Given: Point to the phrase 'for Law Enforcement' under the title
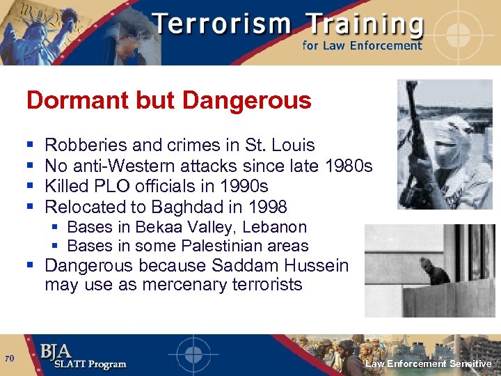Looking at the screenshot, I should [362, 46].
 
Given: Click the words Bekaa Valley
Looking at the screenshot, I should [182, 227].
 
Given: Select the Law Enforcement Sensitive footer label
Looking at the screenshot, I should [429, 364].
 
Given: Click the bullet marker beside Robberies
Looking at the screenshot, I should [29, 146].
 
